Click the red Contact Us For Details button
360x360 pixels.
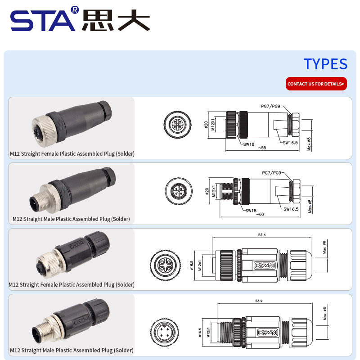pyautogui.click(x=316, y=84)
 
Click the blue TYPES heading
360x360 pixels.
pyautogui.click(x=325, y=64)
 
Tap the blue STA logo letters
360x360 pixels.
pyautogui.click(x=42, y=21)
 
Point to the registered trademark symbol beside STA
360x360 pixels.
pyautogui.click(x=75, y=10)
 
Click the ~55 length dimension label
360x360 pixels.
pyautogui.click(x=262, y=148)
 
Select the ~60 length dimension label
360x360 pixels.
pyautogui.click(x=260, y=214)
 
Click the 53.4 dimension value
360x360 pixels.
pyautogui.click(x=262, y=234)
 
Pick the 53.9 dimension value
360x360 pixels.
pyautogui.click(x=259, y=301)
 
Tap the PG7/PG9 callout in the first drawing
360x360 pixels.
pyautogui.click(x=270, y=106)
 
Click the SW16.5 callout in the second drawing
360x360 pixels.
pyautogui.click(x=291, y=209)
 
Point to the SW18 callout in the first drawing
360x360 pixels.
pyautogui.click(x=249, y=144)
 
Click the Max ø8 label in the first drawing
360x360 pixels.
pyautogui.click(x=309, y=144)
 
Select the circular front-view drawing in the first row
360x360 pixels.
pyautogui.click(x=177, y=125)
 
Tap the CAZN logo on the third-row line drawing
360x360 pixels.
pyautogui.click(x=264, y=265)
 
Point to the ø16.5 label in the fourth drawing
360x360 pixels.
pyautogui.click(x=200, y=332)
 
